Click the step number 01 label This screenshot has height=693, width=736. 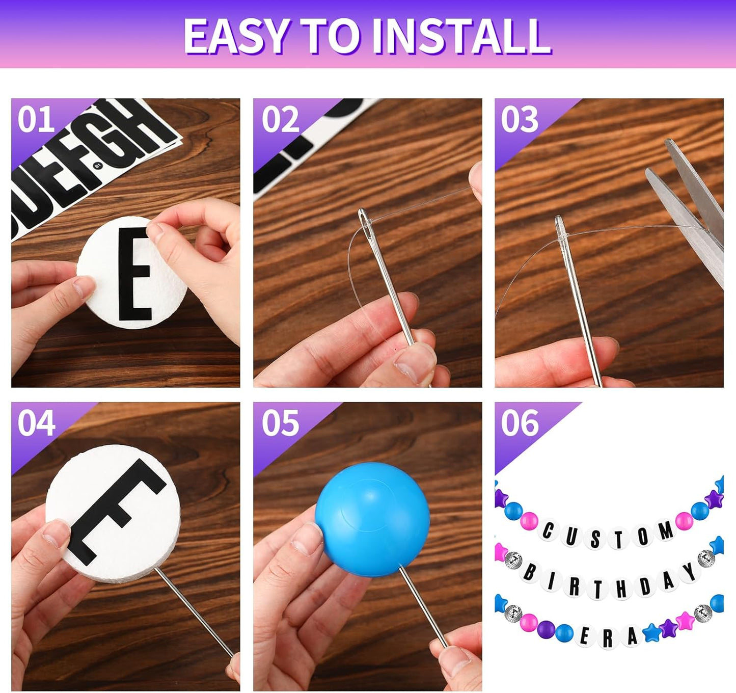pyautogui.click(x=36, y=120)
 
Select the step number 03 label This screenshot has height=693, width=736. pyautogui.click(x=519, y=120)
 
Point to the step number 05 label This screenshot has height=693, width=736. pyautogui.click(x=280, y=423)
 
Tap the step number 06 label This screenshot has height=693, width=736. pyautogui.click(x=519, y=423)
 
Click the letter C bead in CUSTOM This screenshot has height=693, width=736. pyautogui.click(x=548, y=530)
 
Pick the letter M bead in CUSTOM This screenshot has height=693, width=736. pyautogui.click(x=665, y=531)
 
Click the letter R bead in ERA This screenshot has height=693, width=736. pyautogui.click(x=608, y=639)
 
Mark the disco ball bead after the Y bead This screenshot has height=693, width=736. pyautogui.click(x=706, y=558)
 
